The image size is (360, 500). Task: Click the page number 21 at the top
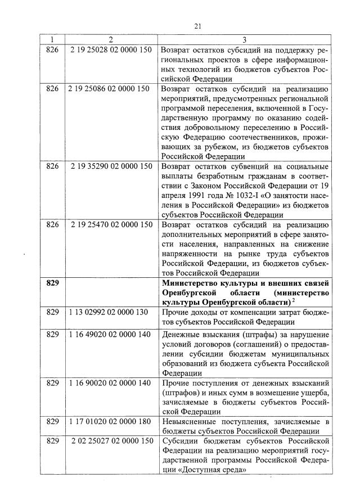tap(197, 26)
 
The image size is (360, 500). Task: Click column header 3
tap(244, 39)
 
